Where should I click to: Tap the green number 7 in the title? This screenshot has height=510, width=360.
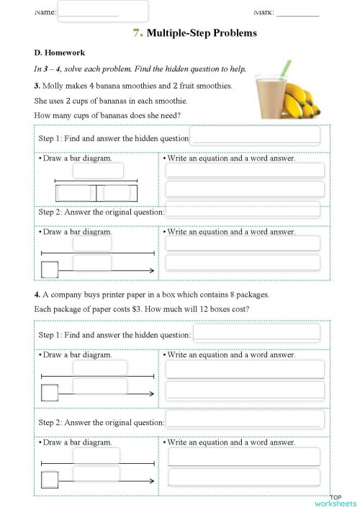(x=137, y=33)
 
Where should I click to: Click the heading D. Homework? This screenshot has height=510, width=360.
(x=59, y=53)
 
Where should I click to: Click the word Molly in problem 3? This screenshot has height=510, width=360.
(x=55, y=86)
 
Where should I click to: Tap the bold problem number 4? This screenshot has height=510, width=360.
(x=37, y=295)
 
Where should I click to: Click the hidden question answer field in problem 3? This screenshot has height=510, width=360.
(x=256, y=135)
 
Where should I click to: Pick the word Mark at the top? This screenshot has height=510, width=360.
(x=264, y=12)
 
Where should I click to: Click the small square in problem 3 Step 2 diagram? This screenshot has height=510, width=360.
(x=50, y=270)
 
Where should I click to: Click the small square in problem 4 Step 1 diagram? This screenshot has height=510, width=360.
(x=50, y=393)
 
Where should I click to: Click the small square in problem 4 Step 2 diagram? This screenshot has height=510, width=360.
(x=50, y=480)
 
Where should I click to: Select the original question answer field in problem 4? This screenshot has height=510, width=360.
(x=245, y=420)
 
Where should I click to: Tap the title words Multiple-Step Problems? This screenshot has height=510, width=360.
(x=202, y=33)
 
